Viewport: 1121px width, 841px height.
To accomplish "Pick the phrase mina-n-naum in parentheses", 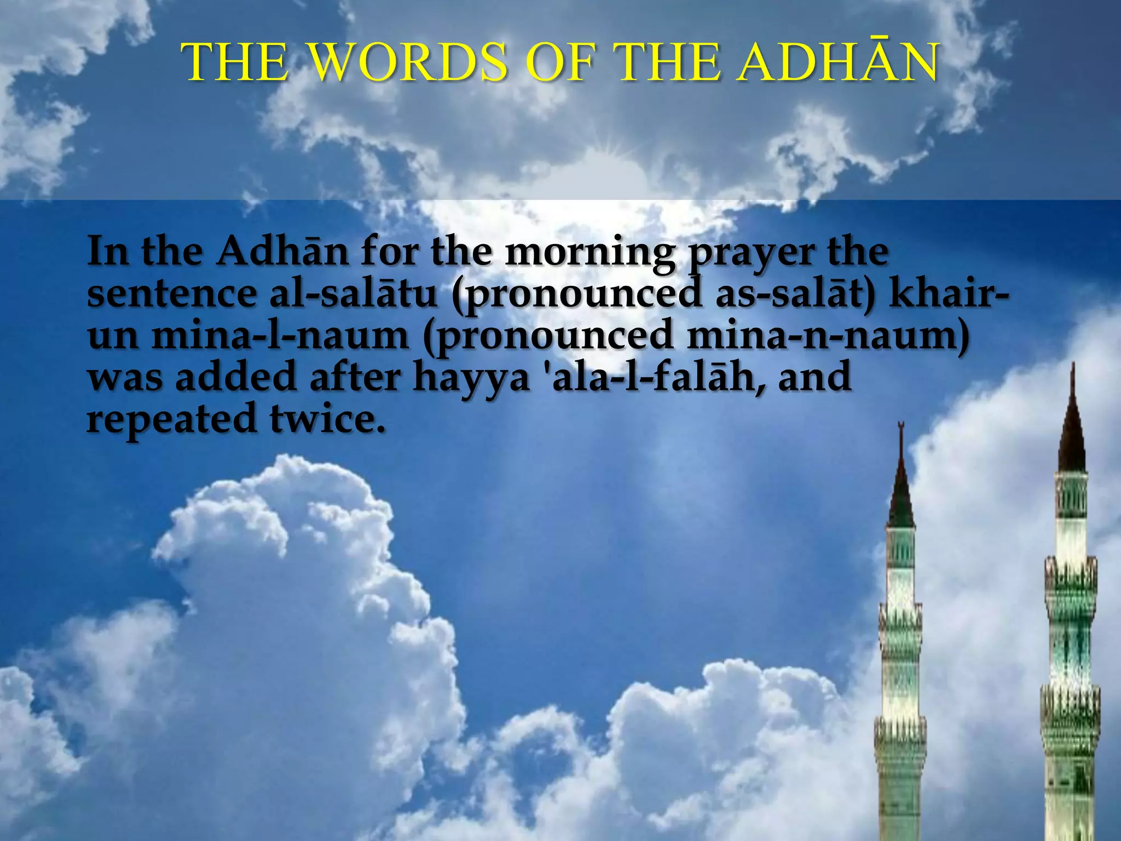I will [x=827, y=336].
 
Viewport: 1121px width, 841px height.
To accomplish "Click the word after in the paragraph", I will [x=356, y=378].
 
